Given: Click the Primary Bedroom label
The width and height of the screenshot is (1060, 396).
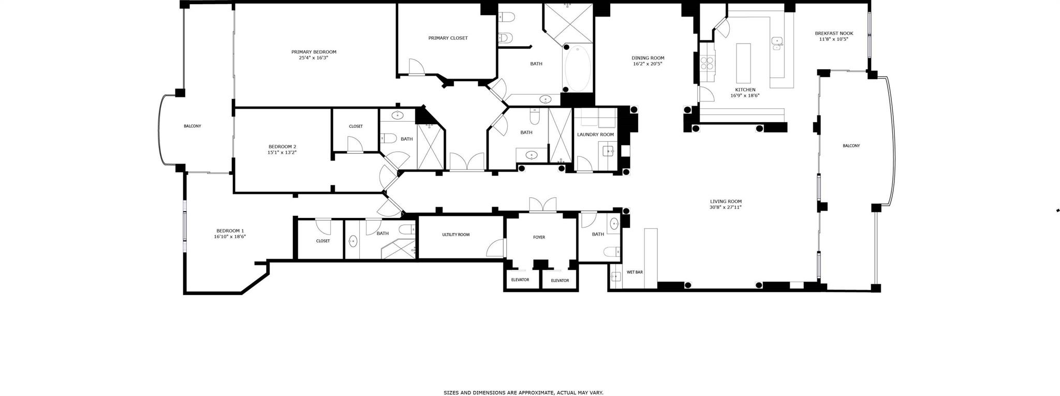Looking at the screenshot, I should tap(314, 52).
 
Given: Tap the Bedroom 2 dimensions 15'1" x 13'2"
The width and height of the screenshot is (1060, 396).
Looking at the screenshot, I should tap(282, 153).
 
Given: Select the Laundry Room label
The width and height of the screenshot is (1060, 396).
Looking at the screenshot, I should tap(595, 135).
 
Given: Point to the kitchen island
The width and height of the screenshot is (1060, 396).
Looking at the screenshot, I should tap(743, 63).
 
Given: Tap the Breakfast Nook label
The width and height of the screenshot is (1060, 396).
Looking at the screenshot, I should tap(833, 33).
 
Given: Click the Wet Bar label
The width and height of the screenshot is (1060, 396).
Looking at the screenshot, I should tap(635, 272).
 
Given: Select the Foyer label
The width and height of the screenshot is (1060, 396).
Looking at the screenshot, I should tap(539, 237).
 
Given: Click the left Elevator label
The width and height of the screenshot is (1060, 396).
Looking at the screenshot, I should tap(520, 280).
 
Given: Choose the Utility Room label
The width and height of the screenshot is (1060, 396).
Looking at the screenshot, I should tap(455, 234).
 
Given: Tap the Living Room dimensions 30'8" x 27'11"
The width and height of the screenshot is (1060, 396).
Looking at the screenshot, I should tap(726, 207).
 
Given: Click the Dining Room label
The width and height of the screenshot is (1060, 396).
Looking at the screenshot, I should tap(647, 58).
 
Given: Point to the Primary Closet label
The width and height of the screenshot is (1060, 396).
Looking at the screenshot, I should tap(448, 38).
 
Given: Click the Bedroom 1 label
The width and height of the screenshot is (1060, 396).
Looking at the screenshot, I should tap(230, 231).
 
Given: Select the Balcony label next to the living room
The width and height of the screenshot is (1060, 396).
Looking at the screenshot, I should tap(851, 145).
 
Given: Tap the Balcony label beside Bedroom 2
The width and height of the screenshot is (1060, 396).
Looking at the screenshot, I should tap(192, 126).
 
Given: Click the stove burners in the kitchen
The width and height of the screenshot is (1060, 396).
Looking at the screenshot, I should tap(707, 63).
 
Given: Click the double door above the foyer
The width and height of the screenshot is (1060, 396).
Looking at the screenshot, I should tap(542, 205).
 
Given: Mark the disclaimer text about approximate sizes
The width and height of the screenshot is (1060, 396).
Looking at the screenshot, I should tap(523, 393).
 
